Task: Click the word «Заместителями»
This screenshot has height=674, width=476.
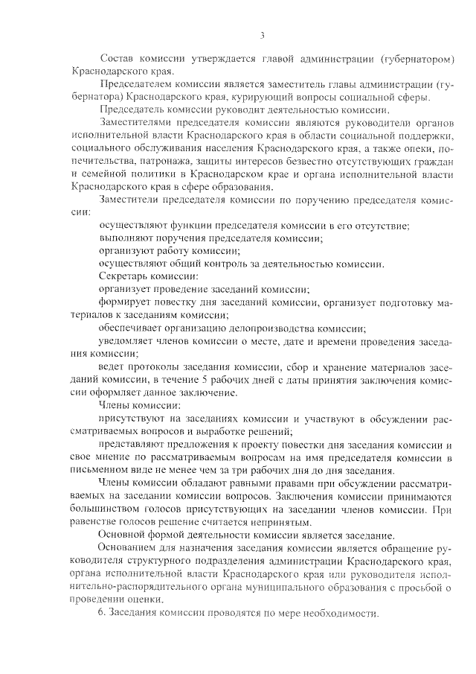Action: point(135,121)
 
